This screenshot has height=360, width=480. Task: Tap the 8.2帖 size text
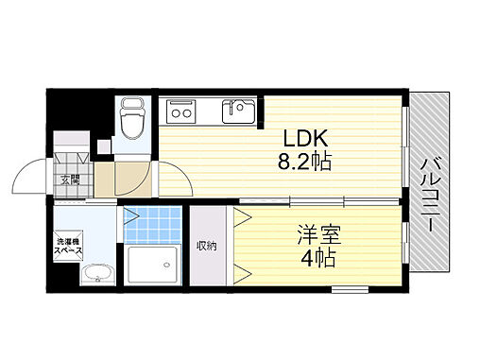pyautogui.click(x=303, y=163)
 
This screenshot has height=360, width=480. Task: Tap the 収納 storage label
pyautogui.click(x=207, y=247)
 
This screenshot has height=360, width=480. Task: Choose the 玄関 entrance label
pyautogui.click(x=72, y=179)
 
